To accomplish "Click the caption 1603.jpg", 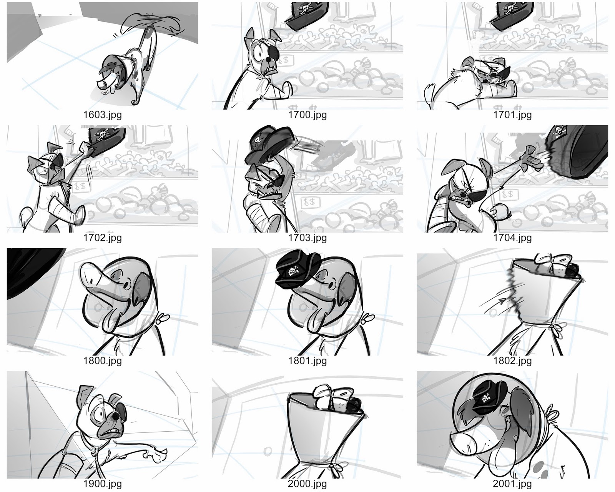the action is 102,115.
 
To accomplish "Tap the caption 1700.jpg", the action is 307,115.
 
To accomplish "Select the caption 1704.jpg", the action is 512,238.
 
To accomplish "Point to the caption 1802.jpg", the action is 512,361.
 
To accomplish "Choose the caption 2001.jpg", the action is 512,484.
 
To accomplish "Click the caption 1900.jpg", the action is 102,484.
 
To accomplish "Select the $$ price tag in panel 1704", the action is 508,195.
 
